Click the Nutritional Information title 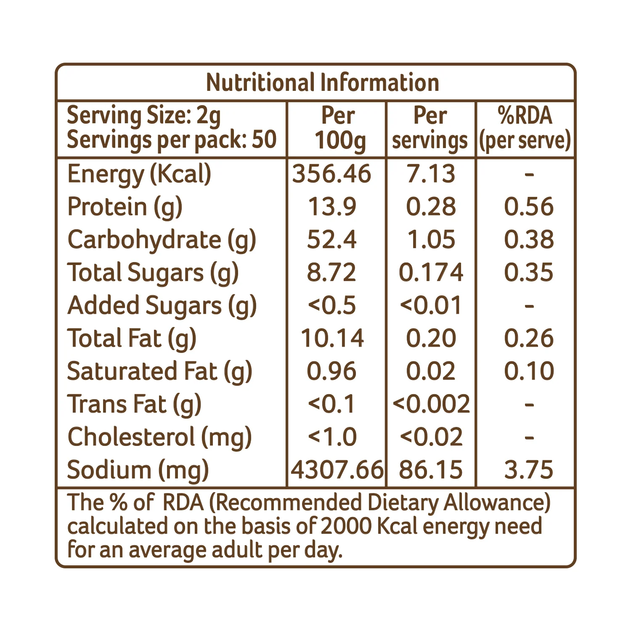point(323,82)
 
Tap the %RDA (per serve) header point(525,128)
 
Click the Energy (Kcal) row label point(139,174)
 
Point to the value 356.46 point(332,174)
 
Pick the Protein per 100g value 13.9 point(332,207)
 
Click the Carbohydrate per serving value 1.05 point(431,239)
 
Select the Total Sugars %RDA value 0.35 point(529,272)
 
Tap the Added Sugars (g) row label point(162,306)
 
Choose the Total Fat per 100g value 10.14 point(332,338)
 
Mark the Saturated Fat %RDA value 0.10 point(529,371)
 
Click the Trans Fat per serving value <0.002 point(431,404)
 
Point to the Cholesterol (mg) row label point(160,437)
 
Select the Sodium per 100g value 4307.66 point(337,469)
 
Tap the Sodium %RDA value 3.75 point(529,469)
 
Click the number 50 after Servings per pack point(264,140)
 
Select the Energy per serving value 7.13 point(431,174)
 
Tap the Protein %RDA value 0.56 point(529,207)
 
